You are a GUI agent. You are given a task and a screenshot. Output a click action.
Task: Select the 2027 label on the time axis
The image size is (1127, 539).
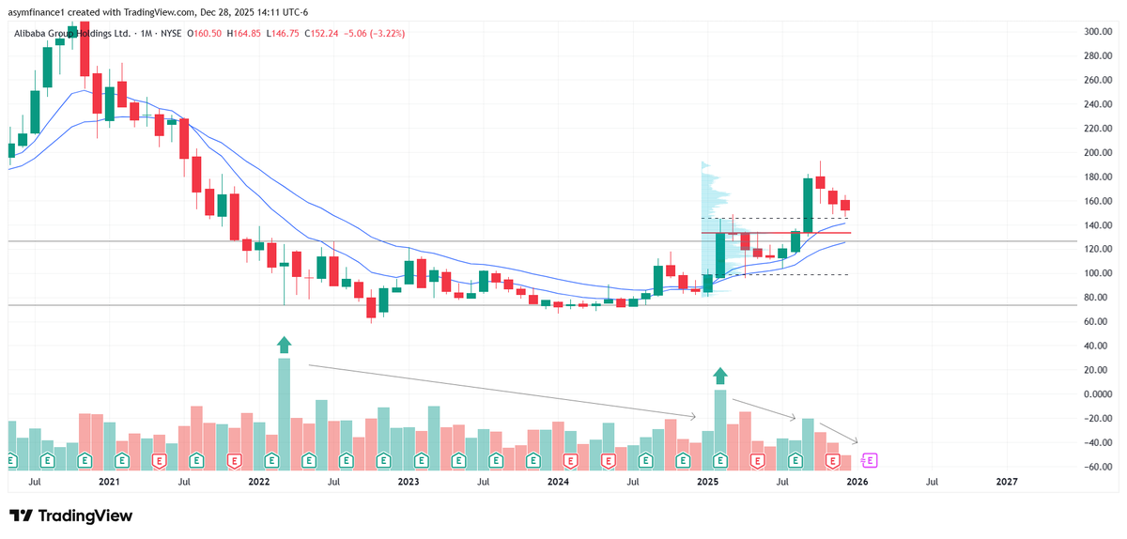[x=1006, y=482]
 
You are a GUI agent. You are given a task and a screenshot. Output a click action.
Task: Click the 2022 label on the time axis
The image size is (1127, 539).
[x=258, y=482]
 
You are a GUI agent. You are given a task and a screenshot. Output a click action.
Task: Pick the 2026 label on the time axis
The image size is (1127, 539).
[x=857, y=482]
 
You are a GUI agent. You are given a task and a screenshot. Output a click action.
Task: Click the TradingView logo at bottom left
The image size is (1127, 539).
[x=71, y=516]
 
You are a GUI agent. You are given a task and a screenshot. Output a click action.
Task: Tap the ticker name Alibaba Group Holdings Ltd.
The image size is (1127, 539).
[x=71, y=34]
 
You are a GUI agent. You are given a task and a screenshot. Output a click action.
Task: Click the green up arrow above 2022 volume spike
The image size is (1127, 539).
[x=285, y=345]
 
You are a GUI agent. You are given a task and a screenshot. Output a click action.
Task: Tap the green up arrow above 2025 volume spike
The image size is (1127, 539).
[x=720, y=377]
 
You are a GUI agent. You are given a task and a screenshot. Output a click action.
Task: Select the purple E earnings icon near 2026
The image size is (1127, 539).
[x=870, y=460]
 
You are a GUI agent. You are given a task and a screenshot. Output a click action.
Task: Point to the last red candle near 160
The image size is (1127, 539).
[x=845, y=205]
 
